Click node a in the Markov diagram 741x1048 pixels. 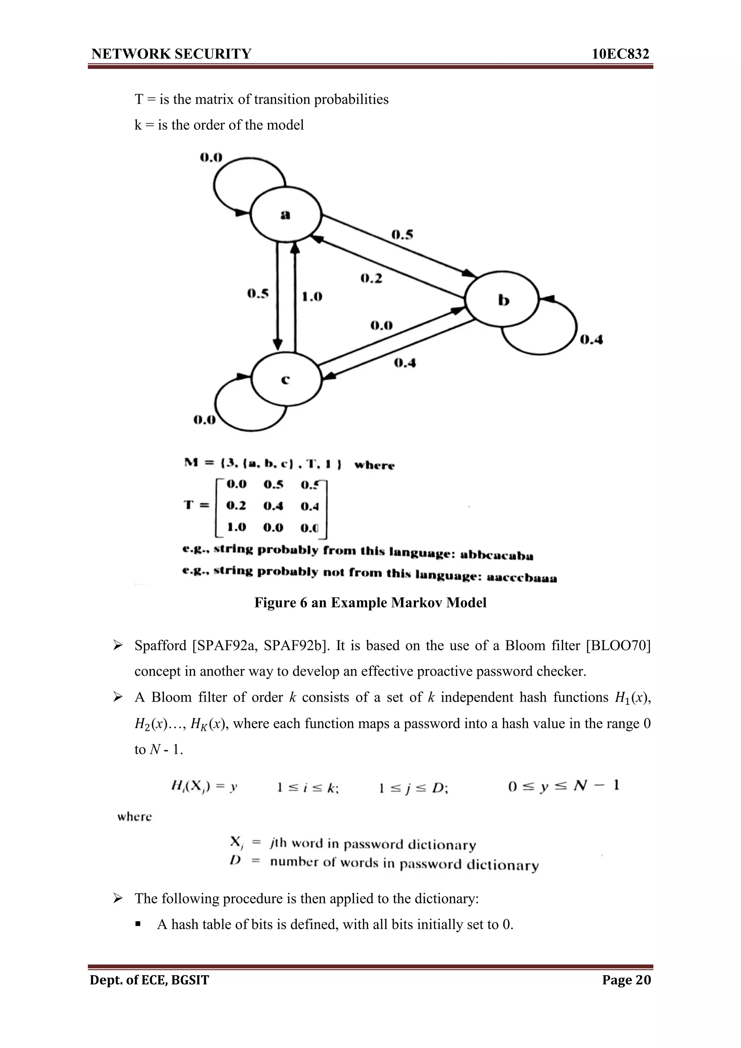pyautogui.click(x=286, y=214)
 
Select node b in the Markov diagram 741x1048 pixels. pyautogui.click(x=502, y=300)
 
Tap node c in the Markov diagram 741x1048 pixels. pyautogui.click(x=286, y=379)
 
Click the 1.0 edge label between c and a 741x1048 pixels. pyautogui.click(x=312, y=297)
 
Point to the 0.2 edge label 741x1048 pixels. pyautogui.click(x=371, y=278)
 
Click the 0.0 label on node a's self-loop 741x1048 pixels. pyautogui.click(x=211, y=158)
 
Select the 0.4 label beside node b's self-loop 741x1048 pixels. pyautogui.click(x=591, y=340)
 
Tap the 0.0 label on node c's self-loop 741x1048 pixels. pyautogui.click(x=204, y=419)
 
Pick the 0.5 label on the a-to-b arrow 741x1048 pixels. pyautogui.click(x=402, y=235)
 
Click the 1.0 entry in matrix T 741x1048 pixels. pyautogui.click(x=237, y=527)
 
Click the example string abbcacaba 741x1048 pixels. pyautogui.click(x=496, y=555)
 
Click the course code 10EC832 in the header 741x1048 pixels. pyautogui.click(x=620, y=54)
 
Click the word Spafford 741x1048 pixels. pyautogui.click(x=161, y=646)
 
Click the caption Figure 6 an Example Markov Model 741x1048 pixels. pyautogui.click(x=370, y=602)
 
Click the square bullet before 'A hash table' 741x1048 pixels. pyautogui.click(x=138, y=925)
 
